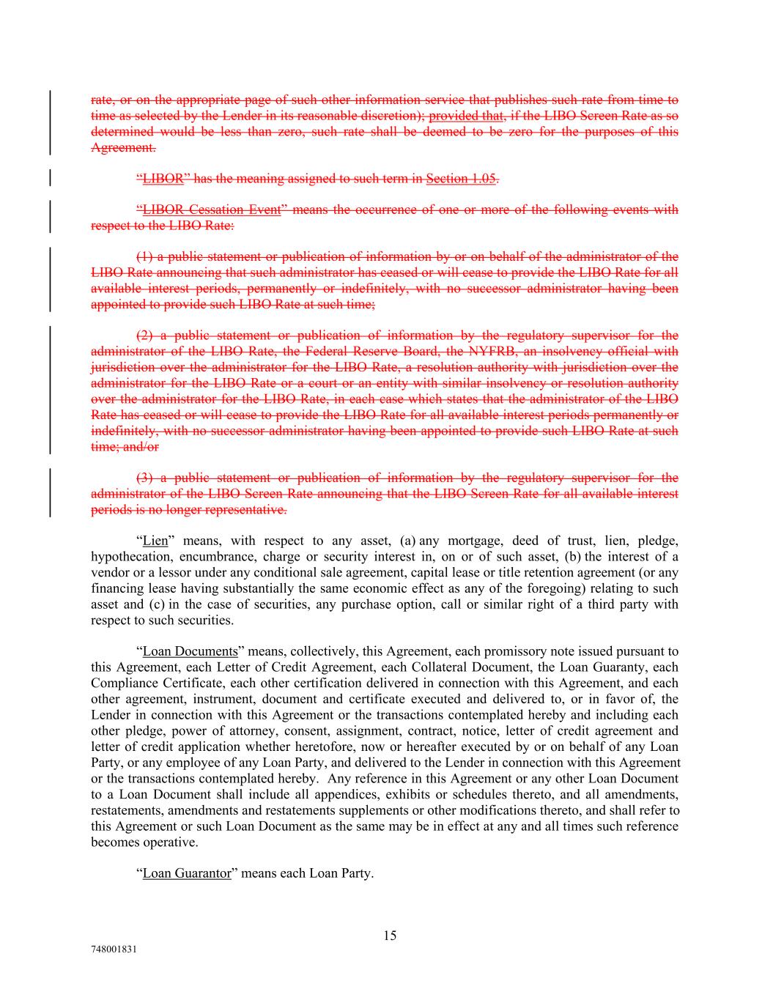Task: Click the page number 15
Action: click(390, 935)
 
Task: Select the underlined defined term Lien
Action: click(155, 541)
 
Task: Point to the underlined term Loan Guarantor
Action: click(187, 873)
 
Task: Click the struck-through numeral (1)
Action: click(145, 256)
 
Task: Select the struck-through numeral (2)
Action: click(145, 336)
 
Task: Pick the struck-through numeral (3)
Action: click(145, 478)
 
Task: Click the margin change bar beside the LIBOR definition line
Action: click(50, 178)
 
